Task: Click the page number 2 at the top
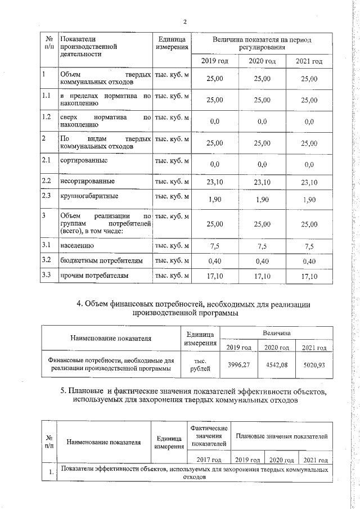click(x=184, y=22)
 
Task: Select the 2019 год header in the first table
click(x=214, y=61)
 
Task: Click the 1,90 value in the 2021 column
click(x=309, y=200)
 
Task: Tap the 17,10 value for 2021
click(x=309, y=276)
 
